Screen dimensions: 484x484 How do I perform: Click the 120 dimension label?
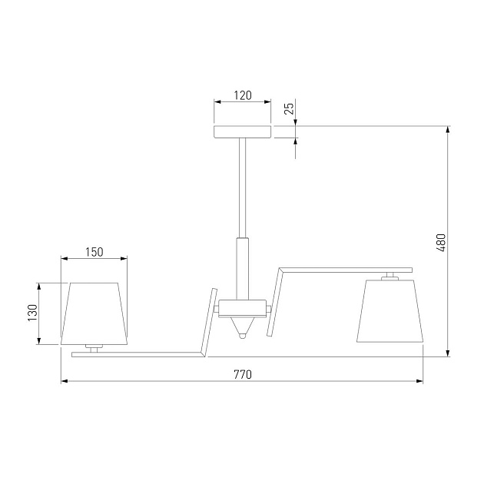pyautogui.click(x=243, y=95)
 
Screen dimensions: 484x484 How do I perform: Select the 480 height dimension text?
pyautogui.click(x=441, y=243)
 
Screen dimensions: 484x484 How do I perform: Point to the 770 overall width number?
pyautogui.click(x=243, y=374)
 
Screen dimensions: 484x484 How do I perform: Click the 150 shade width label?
pyautogui.click(x=94, y=252)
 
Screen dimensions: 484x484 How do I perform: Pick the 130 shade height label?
pyautogui.click(x=33, y=313)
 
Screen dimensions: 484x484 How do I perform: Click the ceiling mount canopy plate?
pyautogui.click(x=243, y=132)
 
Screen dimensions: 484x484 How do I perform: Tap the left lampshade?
pyautogui.click(x=94, y=313)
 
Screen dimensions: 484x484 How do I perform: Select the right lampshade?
pyautogui.click(x=390, y=311)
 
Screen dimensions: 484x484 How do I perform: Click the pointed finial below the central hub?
pyautogui.click(x=243, y=328)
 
